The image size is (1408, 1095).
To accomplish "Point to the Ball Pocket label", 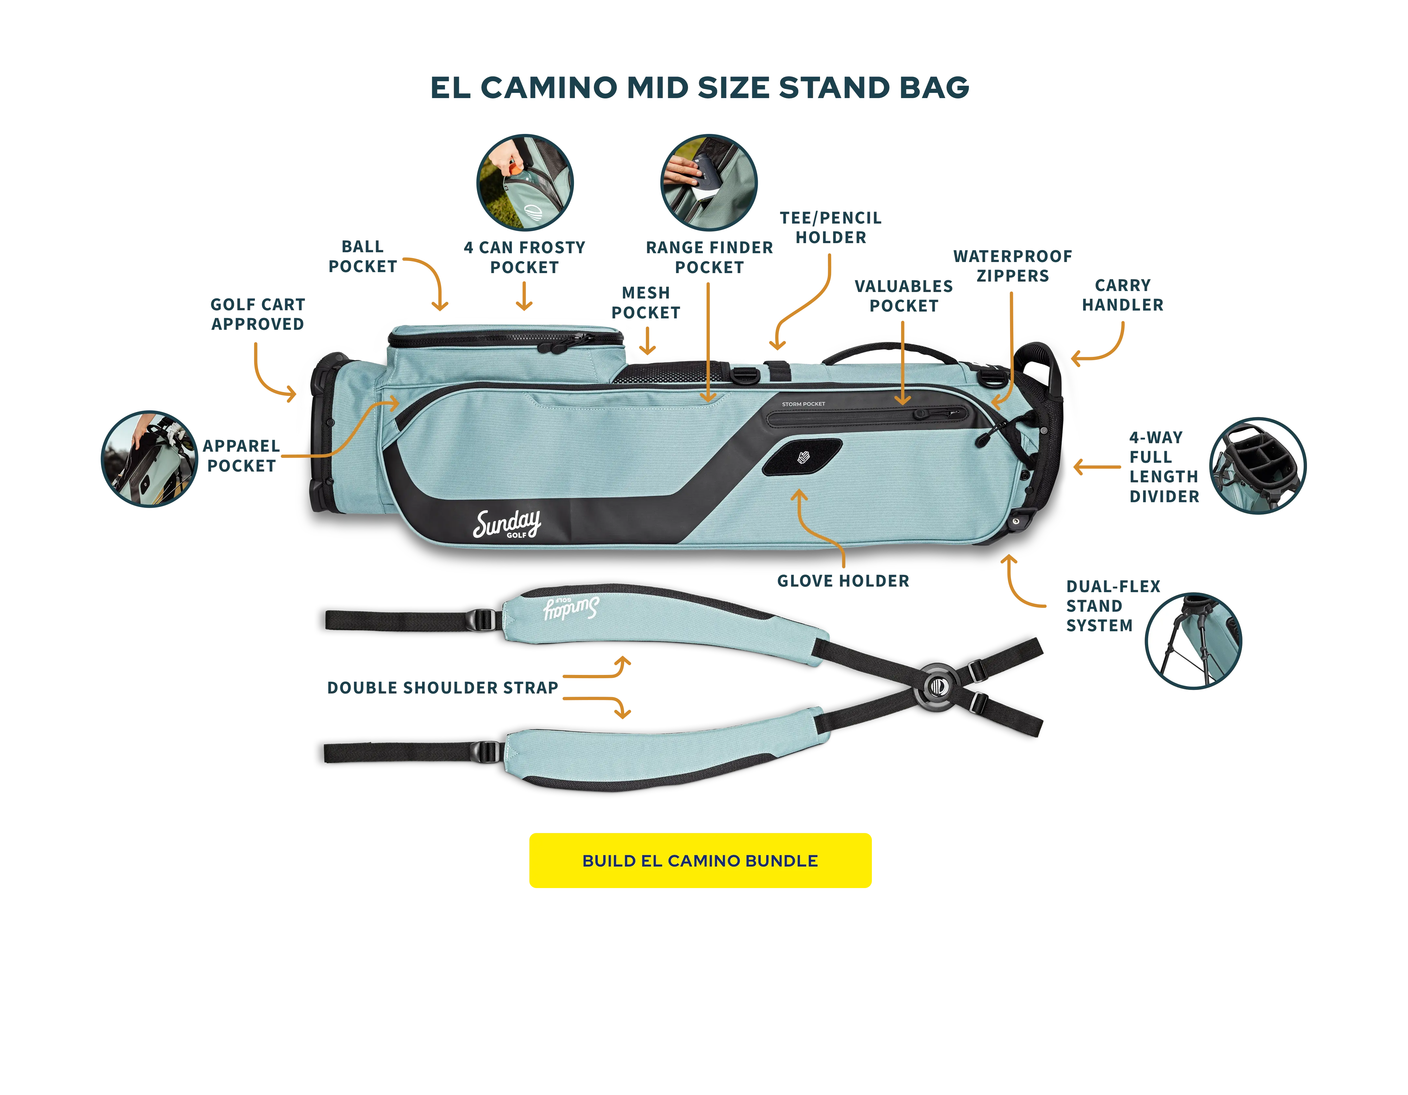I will point(362,256).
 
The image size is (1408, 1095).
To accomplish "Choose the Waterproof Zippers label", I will point(1012,265).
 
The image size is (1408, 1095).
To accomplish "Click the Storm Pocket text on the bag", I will point(803,404).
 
